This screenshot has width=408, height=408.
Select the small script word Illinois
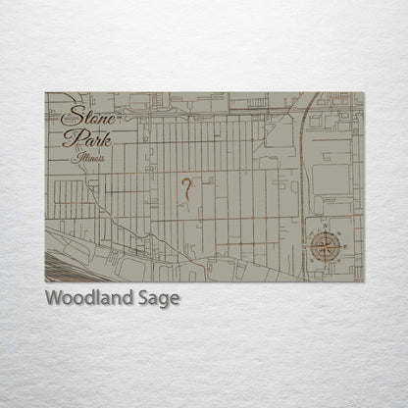point(88,158)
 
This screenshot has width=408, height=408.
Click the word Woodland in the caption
point(87,298)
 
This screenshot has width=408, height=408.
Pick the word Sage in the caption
point(158,299)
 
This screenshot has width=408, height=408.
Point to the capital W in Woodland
point(54,298)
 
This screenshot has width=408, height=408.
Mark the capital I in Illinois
point(75,157)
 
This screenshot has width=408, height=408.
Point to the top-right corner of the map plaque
point(363,93)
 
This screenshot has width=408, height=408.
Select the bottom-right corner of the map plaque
point(363,281)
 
